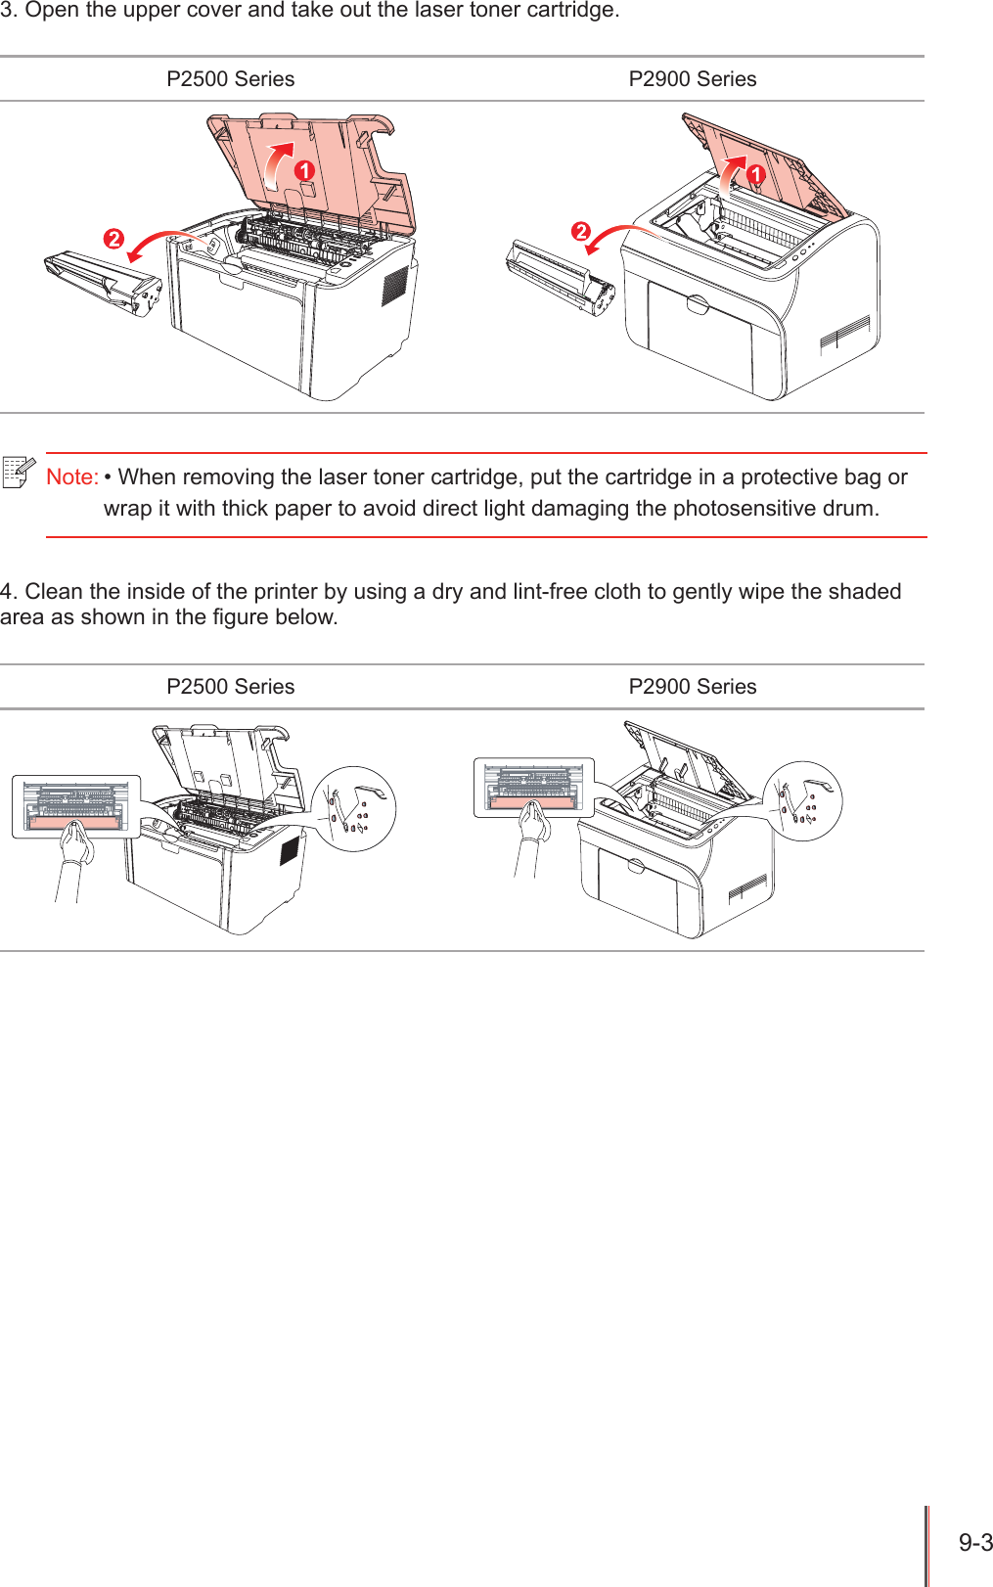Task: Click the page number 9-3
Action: pos(974,1543)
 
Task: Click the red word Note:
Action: pos(71,477)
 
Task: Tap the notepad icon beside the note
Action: pos(19,473)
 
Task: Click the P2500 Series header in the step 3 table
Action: pos(230,79)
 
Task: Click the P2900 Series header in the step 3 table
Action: pos(692,79)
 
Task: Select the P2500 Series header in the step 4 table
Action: pos(230,687)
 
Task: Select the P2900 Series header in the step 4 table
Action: pos(692,687)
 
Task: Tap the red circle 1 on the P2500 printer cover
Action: pos(305,171)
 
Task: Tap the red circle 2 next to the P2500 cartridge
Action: pos(114,239)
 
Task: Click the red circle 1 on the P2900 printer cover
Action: pos(756,175)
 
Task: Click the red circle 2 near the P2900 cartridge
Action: pos(581,232)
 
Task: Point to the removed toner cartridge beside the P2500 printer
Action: pos(103,284)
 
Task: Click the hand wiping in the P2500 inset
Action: pos(75,843)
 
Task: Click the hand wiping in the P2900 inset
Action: pos(534,823)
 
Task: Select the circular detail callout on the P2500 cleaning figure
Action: pos(353,809)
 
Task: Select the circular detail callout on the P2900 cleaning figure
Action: pos(802,801)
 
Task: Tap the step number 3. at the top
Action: pos(9,11)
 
